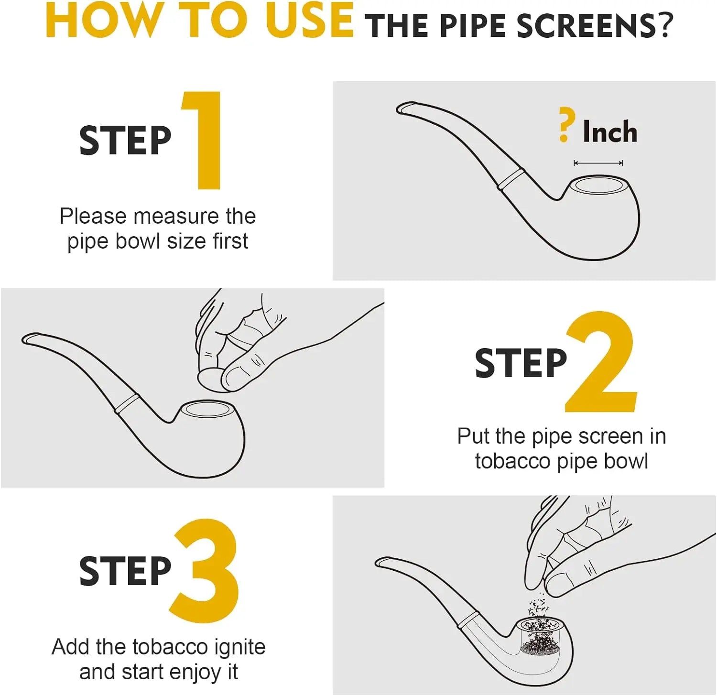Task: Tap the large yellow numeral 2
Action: pyautogui.click(x=601, y=361)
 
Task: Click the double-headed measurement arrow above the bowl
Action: pyautogui.click(x=598, y=163)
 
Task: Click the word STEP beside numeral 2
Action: pyautogui.click(x=521, y=363)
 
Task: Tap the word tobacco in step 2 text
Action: pyautogui.click(x=513, y=461)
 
